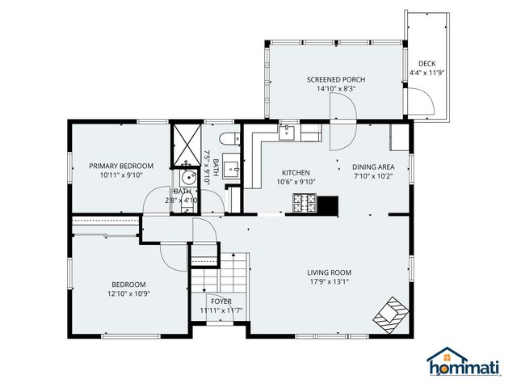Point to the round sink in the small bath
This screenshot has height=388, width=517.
tap(188, 178)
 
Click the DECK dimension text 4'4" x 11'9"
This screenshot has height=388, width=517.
tap(427, 73)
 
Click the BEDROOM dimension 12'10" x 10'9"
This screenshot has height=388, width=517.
tap(128, 293)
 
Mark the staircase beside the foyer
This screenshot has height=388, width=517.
tap(221, 279)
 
